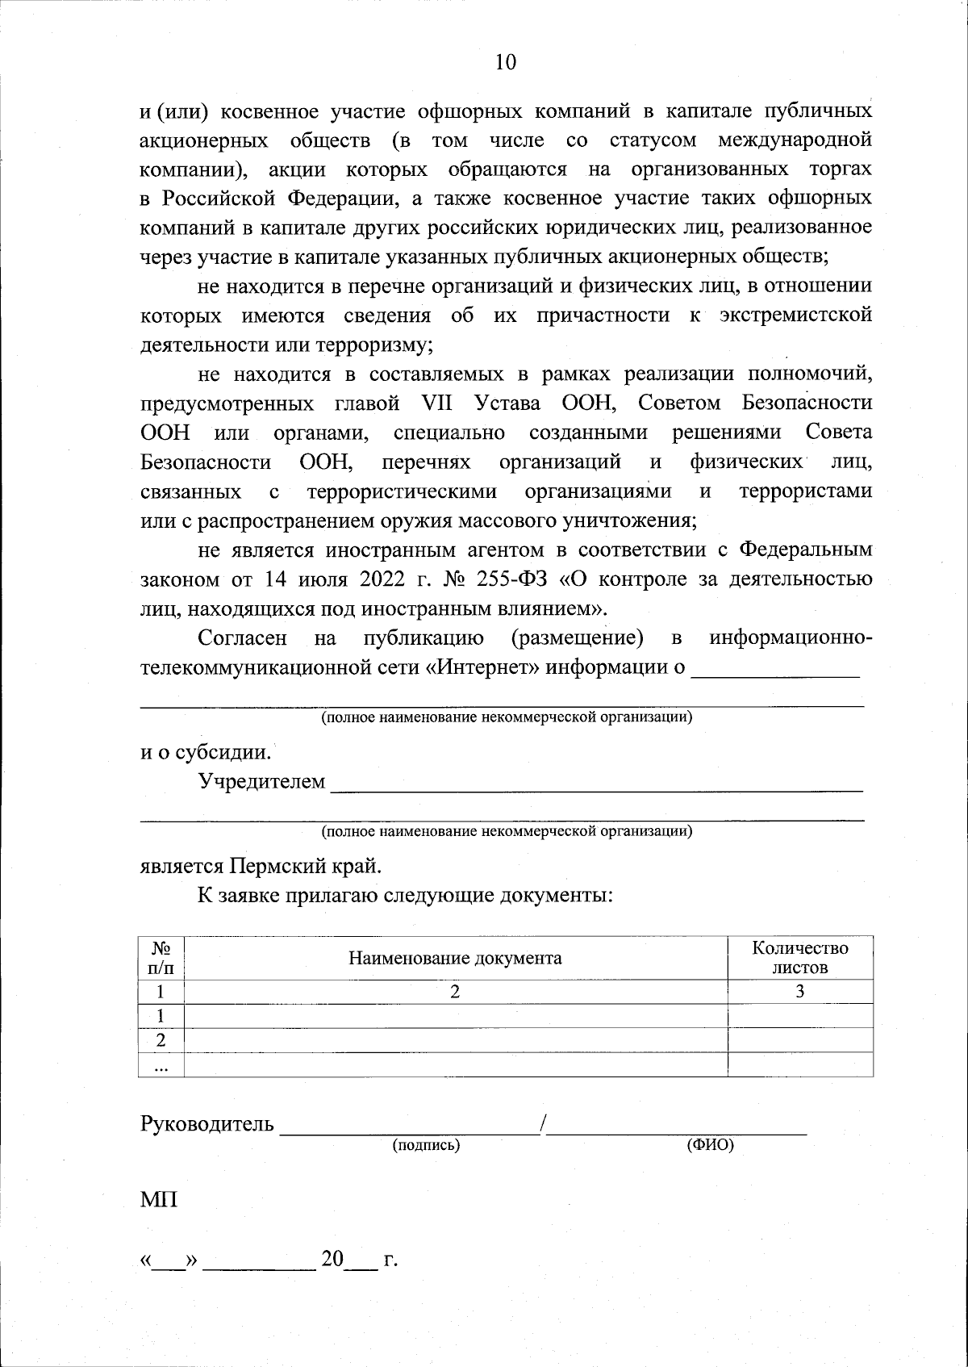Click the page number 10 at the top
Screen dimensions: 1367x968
pos(505,63)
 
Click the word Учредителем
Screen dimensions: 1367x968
pos(262,781)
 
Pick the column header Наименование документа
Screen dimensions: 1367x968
pos(455,958)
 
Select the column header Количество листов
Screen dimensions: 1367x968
pos(799,957)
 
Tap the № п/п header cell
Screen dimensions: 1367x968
pos(161,957)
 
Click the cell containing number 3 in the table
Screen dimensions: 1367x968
pos(799,992)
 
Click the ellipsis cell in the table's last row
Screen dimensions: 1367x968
pos(161,1065)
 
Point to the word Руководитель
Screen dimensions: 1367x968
pos(207,1124)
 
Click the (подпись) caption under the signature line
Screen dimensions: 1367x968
pos(426,1144)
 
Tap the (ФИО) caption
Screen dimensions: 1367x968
pos(710,1144)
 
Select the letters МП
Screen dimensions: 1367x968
pos(159,1199)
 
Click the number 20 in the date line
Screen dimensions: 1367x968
pos(332,1281)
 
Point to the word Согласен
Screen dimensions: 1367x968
pos(242,638)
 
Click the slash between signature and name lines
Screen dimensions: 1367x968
pos(545,1123)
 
